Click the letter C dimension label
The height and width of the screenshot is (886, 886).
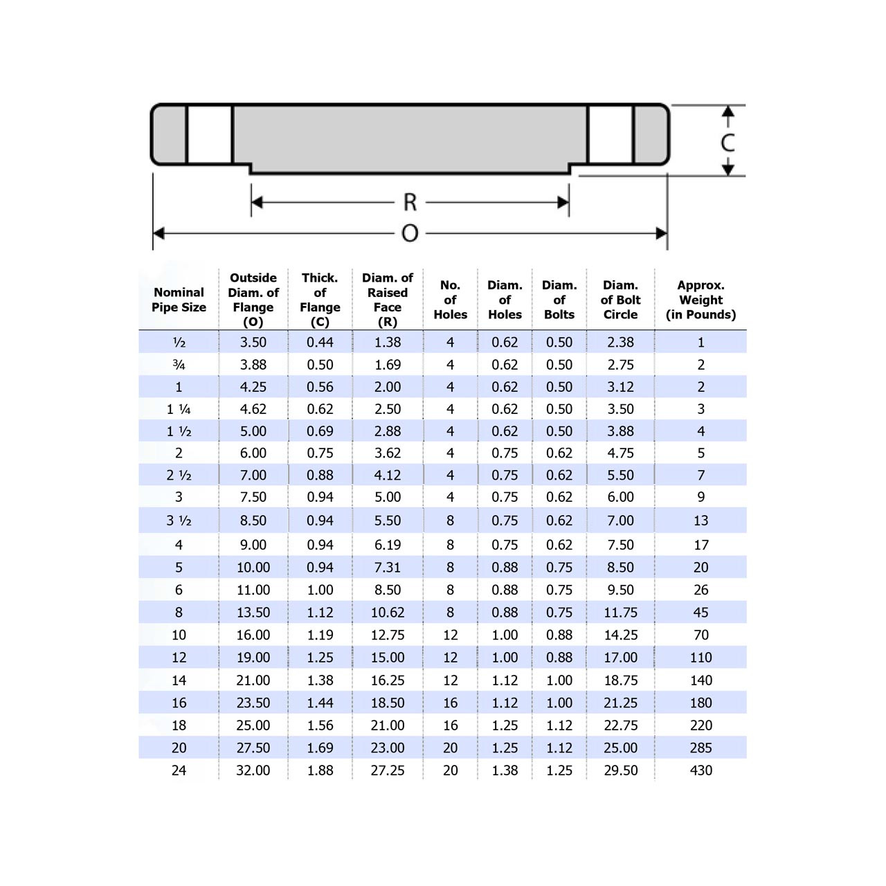pos(727,142)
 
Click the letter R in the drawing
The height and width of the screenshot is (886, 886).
pos(410,202)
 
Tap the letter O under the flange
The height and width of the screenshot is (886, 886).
pos(410,233)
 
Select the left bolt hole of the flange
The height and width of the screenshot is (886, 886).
pos(209,135)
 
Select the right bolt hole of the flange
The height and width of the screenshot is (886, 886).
pos(611,135)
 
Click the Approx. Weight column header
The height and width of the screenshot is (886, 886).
pos(700,300)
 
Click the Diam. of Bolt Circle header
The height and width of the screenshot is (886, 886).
pos(620,300)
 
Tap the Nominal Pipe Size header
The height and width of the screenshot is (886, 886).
pos(179,300)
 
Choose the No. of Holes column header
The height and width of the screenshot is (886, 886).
pos(450,300)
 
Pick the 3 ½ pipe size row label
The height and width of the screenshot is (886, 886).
pos(179,521)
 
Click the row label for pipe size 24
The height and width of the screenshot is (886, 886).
pos(179,770)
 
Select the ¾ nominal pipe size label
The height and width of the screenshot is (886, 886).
pos(179,365)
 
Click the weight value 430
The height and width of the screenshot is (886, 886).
pos(700,770)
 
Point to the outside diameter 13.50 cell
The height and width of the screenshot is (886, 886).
pos(253,613)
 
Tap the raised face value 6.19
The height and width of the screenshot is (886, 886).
pos(387,545)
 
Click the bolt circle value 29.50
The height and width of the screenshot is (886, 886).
pos(620,770)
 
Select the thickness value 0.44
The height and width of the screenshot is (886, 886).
pos(320,342)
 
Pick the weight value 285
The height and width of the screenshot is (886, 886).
pos(700,748)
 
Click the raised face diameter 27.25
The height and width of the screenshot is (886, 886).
pos(387,770)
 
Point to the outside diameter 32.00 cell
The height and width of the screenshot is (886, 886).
pos(253,770)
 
